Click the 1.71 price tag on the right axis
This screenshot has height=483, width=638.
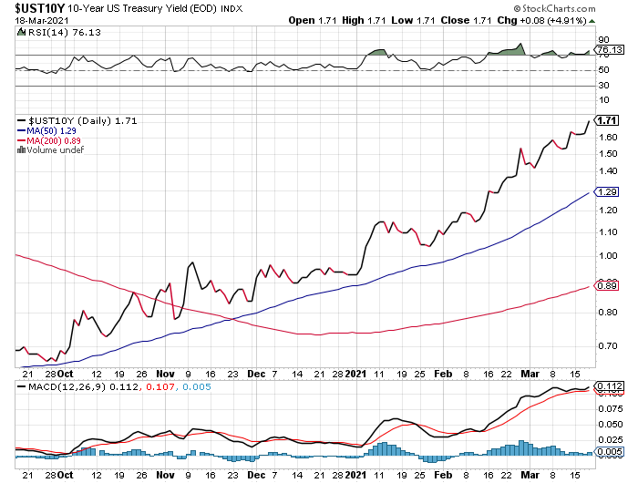tap(606, 120)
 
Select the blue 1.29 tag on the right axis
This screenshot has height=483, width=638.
tap(606, 191)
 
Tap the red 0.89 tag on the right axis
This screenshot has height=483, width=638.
tap(606, 286)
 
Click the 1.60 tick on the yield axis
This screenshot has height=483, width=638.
tap(609, 137)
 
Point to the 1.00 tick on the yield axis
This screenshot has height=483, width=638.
tap(609, 255)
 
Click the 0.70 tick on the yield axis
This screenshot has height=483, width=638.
tap(609, 345)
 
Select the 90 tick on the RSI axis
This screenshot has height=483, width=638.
tap(602, 40)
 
